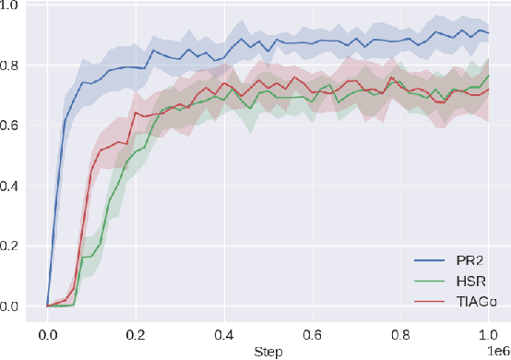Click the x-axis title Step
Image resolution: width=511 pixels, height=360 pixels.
coord(267,352)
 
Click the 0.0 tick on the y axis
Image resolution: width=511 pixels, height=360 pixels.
coord(17,306)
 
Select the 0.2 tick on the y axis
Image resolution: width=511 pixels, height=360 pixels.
coord(17,246)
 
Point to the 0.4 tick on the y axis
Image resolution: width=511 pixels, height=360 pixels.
coord(17,186)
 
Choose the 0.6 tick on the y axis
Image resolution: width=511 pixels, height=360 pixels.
coord(17,126)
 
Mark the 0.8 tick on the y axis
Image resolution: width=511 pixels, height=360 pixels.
coord(17,66)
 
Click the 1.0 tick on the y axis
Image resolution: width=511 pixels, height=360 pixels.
coord(17,6)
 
